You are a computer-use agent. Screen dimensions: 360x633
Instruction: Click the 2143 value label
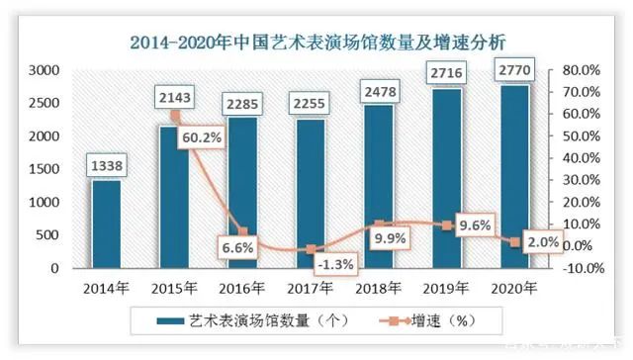[x=174, y=100]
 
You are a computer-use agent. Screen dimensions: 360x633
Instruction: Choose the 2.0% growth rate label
[x=543, y=241]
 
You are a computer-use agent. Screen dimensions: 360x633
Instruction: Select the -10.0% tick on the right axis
[x=578, y=268]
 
